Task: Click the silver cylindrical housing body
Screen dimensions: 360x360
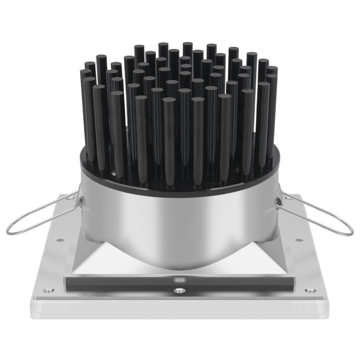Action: pyautogui.click(x=180, y=216)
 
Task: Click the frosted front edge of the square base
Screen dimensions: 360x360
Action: pyautogui.click(x=180, y=310)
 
